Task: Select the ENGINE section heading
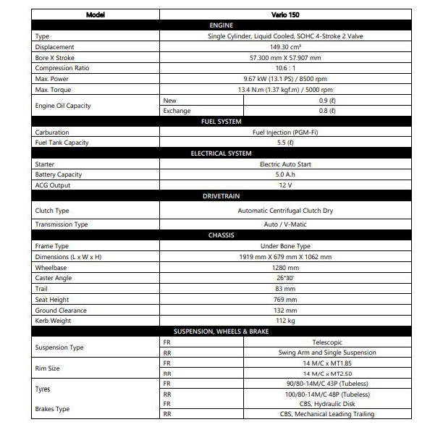(221, 25)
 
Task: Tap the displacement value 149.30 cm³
(285, 46)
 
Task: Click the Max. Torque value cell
(285, 89)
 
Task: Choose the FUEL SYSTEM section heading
(221, 122)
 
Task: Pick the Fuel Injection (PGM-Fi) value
(285, 132)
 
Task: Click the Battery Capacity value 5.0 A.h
(285, 174)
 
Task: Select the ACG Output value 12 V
(285, 185)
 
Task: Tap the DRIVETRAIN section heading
(221, 196)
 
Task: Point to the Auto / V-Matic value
(285, 224)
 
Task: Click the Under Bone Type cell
(285, 246)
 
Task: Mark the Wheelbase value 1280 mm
(285, 267)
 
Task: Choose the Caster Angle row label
(54, 278)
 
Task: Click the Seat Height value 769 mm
(285, 300)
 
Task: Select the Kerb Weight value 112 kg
(285, 321)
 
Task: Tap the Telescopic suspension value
(327, 342)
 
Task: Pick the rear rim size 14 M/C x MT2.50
(327, 373)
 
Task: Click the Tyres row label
(43, 389)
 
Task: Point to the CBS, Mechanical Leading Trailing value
(327, 414)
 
